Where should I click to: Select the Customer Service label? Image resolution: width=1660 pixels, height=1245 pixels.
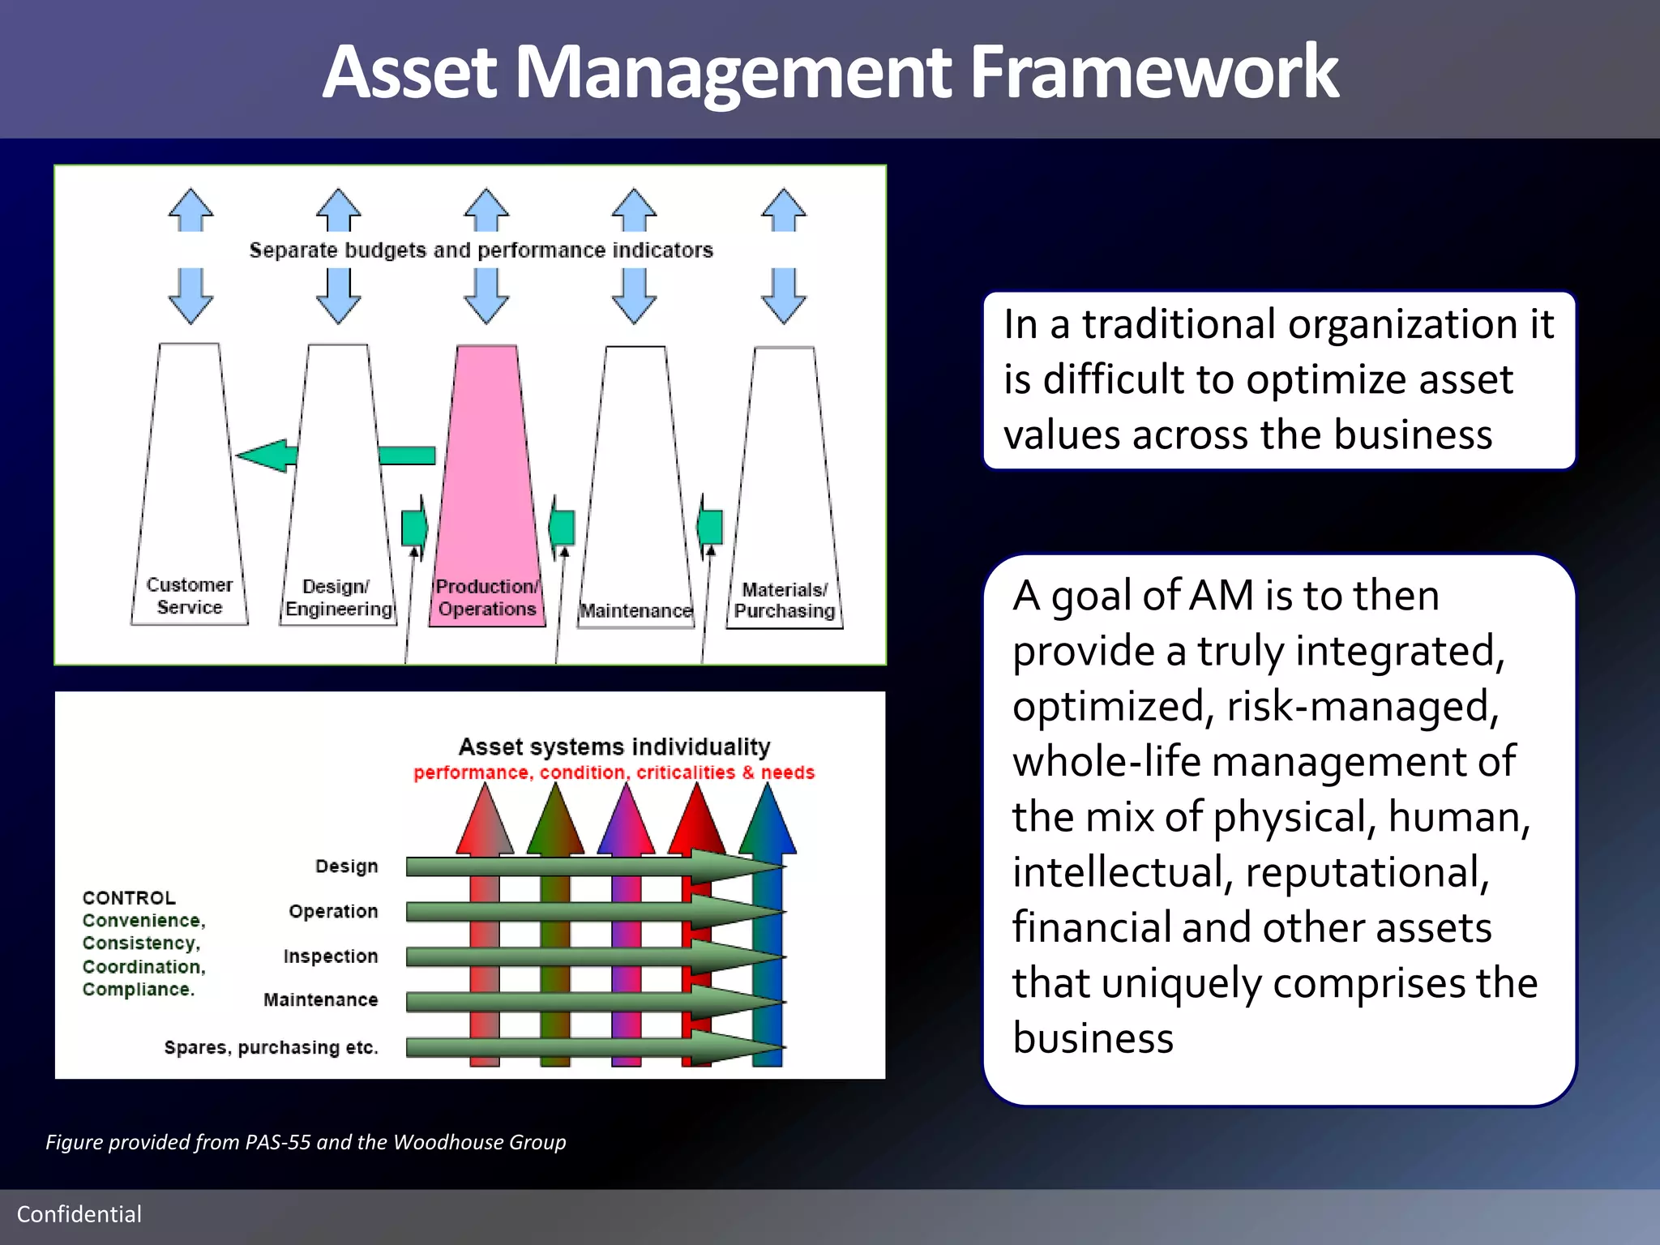[189, 596]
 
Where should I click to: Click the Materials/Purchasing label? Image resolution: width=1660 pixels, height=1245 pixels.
[784, 601]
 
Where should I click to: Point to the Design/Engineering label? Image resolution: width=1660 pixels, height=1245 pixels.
[338, 598]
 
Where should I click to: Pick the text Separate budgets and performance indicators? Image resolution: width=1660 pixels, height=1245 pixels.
[481, 250]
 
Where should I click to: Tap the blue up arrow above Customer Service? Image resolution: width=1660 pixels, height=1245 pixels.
[190, 210]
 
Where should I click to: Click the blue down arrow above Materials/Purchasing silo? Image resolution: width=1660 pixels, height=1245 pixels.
[784, 297]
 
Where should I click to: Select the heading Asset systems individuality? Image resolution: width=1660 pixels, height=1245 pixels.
[614, 747]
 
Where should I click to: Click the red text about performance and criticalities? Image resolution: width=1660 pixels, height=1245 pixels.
[614, 772]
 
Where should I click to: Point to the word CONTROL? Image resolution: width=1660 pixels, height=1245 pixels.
[129, 898]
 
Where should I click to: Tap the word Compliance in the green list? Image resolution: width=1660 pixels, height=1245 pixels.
[138, 990]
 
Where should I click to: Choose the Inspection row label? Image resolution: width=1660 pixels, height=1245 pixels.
[330, 956]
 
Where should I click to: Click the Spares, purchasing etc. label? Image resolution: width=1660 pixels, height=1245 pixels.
[271, 1047]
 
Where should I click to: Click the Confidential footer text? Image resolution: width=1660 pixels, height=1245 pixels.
[79, 1214]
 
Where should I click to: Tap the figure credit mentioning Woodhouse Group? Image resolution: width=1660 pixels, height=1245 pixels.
[306, 1142]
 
